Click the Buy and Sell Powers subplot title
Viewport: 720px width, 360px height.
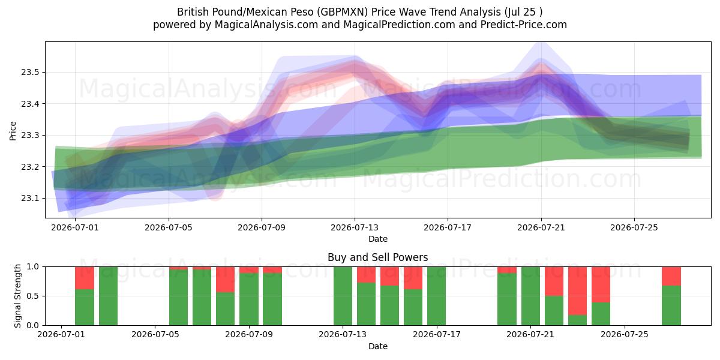coord(377,257)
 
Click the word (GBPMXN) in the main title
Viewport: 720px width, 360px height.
coord(343,12)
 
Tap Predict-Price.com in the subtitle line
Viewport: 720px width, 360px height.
coord(523,25)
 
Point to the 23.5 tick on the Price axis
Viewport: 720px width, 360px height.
coord(30,73)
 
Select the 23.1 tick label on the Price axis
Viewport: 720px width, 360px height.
coord(30,199)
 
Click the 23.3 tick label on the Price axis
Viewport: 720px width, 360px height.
coord(30,136)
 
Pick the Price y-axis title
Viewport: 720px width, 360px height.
coord(13,131)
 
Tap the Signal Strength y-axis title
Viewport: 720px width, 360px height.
coord(17,296)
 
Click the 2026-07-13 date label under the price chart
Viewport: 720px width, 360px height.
coord(355,228)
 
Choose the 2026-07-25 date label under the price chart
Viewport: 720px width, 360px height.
coord(634,228)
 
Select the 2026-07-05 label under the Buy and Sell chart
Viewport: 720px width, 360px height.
coord(155,335)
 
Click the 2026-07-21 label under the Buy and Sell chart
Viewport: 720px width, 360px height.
coord(530,335)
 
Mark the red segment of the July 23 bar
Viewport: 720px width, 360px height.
coord(577,291)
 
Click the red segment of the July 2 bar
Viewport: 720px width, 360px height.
coord(85,278)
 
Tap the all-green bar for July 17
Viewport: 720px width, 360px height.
coord(437,296)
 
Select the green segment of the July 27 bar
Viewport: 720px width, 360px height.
coord(671,305)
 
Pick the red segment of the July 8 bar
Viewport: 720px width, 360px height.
coord(226,280)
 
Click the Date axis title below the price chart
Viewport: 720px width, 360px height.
coord(377,239)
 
